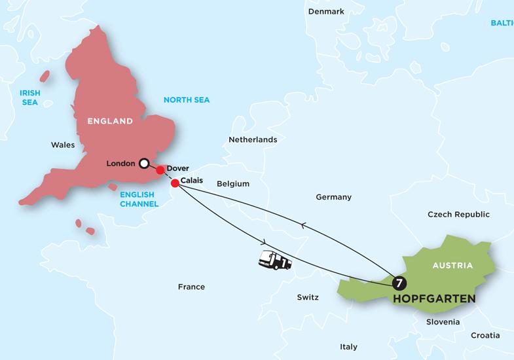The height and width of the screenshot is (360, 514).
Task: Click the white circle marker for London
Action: click(x=144, y=163)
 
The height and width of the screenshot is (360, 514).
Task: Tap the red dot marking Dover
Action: click(x=160, y=170)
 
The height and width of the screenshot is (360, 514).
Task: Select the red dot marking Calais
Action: click(x=175, y=183)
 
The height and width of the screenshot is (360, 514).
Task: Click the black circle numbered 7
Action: click(x=399, y=283)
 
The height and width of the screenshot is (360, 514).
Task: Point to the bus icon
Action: click(x=276, y=260)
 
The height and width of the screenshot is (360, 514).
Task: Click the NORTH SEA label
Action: click(x=191, y=99)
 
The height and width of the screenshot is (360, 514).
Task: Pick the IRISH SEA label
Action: click(x=29, y=98)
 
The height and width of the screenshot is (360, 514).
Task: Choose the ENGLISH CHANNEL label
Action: click(x=139, y=200)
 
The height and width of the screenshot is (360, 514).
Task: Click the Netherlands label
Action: click(x=253, y=139)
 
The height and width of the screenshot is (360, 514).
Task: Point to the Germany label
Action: click(x=333, y=197)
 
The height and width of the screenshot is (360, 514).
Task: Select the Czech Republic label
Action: click(x=458, y=215)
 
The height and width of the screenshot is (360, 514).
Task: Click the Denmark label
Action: click(x=327, y=12)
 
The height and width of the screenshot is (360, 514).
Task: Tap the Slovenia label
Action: click(x=443, y=322)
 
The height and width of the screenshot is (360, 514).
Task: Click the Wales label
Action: click(x=63, y=145)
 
